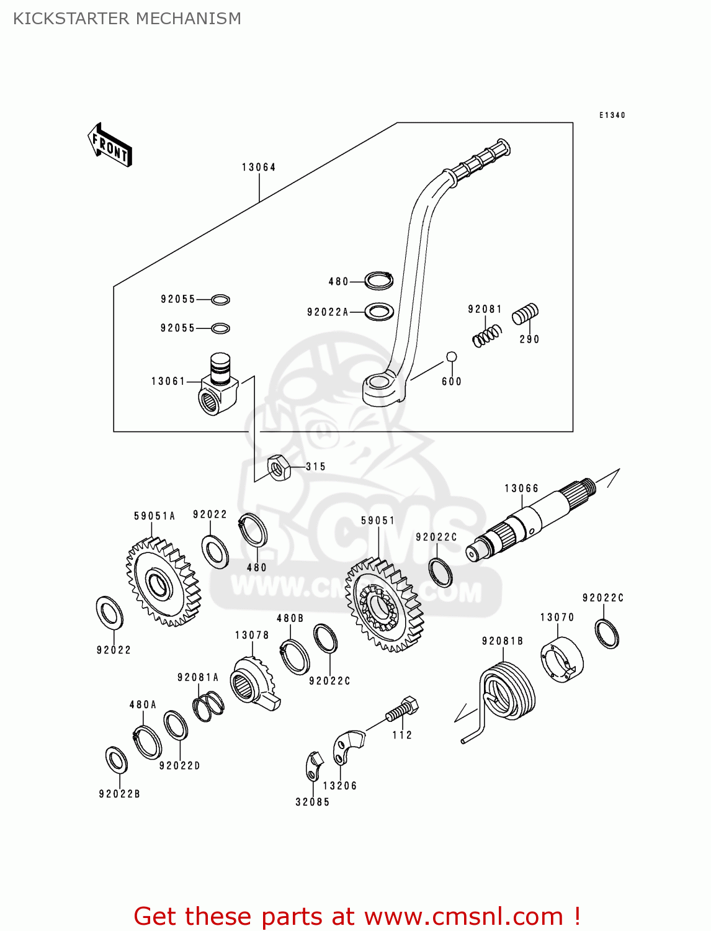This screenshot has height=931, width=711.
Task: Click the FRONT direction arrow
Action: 110,145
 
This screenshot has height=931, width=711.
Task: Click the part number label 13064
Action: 259,167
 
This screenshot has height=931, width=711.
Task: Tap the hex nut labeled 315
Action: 279,467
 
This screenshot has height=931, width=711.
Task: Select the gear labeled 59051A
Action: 163,582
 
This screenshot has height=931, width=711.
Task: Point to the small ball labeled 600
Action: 452,357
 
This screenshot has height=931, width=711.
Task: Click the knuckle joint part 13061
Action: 219,385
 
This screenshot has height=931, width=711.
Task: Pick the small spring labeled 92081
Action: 487,336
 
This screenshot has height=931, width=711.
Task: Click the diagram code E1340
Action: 612,115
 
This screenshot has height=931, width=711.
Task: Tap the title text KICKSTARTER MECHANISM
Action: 127,19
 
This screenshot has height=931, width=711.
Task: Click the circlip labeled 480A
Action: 148,742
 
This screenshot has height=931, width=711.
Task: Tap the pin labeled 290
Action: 525,314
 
